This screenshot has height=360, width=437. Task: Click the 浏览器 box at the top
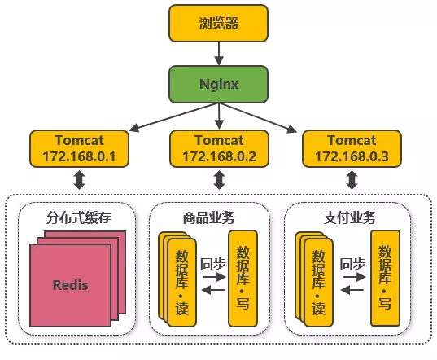(218, 22)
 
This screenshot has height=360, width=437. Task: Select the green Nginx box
(218, 84)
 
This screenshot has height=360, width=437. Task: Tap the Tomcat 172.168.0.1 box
(79, 147)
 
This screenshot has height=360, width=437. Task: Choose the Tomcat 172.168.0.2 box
(218, 147)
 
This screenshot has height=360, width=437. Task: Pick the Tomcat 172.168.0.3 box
(352, 147)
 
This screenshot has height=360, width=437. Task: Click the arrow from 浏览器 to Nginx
(218, 53)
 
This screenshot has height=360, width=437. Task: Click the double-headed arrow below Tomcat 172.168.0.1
(79, 180)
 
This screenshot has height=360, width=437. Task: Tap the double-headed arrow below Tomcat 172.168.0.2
(218, 180)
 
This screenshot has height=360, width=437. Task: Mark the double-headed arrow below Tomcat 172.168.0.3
(352, 180)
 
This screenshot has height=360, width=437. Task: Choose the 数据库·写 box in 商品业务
(244, 279)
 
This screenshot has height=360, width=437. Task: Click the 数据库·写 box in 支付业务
(385, 279)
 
